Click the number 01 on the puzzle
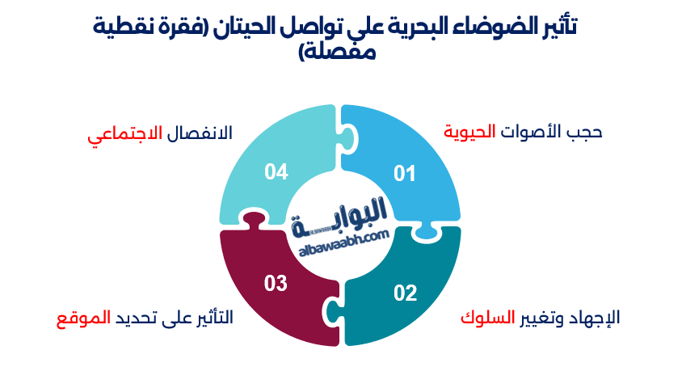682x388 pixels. [404, 172]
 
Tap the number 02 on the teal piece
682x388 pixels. [405, 292]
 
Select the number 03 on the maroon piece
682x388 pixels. [276, 283]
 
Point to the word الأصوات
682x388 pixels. [529, 132]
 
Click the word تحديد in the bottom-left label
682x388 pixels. [144, 318]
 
